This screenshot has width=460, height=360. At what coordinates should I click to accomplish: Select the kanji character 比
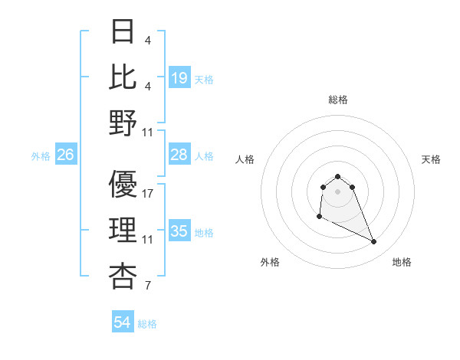coord(123,77)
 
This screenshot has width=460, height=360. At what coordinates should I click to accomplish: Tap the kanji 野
coord(123,123)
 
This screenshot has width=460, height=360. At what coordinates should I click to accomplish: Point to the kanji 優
coord(123,185)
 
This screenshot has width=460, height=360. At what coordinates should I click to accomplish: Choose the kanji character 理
coord(123,231)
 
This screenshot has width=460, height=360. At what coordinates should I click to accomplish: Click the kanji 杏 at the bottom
coord(123,277)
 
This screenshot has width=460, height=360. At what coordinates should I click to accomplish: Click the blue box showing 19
coord(179,77)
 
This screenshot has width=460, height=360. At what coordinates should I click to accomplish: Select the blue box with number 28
coord(179,155)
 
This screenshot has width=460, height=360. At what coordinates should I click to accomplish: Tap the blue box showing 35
coord(179,231)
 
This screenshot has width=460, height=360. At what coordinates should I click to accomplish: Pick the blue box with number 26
coord(65,155)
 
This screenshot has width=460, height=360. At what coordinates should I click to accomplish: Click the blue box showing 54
coord(122,322)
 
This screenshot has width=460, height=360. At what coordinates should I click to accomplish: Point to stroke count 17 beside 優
coord(148,194)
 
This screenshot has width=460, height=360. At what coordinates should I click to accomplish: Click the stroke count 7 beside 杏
coord(147,287)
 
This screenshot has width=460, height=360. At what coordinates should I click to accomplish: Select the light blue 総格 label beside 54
coord(147,324)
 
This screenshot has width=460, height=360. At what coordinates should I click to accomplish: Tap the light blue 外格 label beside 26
coord(41,156)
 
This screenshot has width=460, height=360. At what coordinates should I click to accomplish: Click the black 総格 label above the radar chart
coord(337,100)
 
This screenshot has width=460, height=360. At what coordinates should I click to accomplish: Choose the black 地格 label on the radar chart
coord(402,262)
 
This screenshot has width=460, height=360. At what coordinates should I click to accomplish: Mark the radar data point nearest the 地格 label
coord(374,242)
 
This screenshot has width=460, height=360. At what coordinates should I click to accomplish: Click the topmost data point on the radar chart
coord(337,176)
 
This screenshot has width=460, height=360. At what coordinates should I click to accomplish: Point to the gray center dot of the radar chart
coord(337,191)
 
